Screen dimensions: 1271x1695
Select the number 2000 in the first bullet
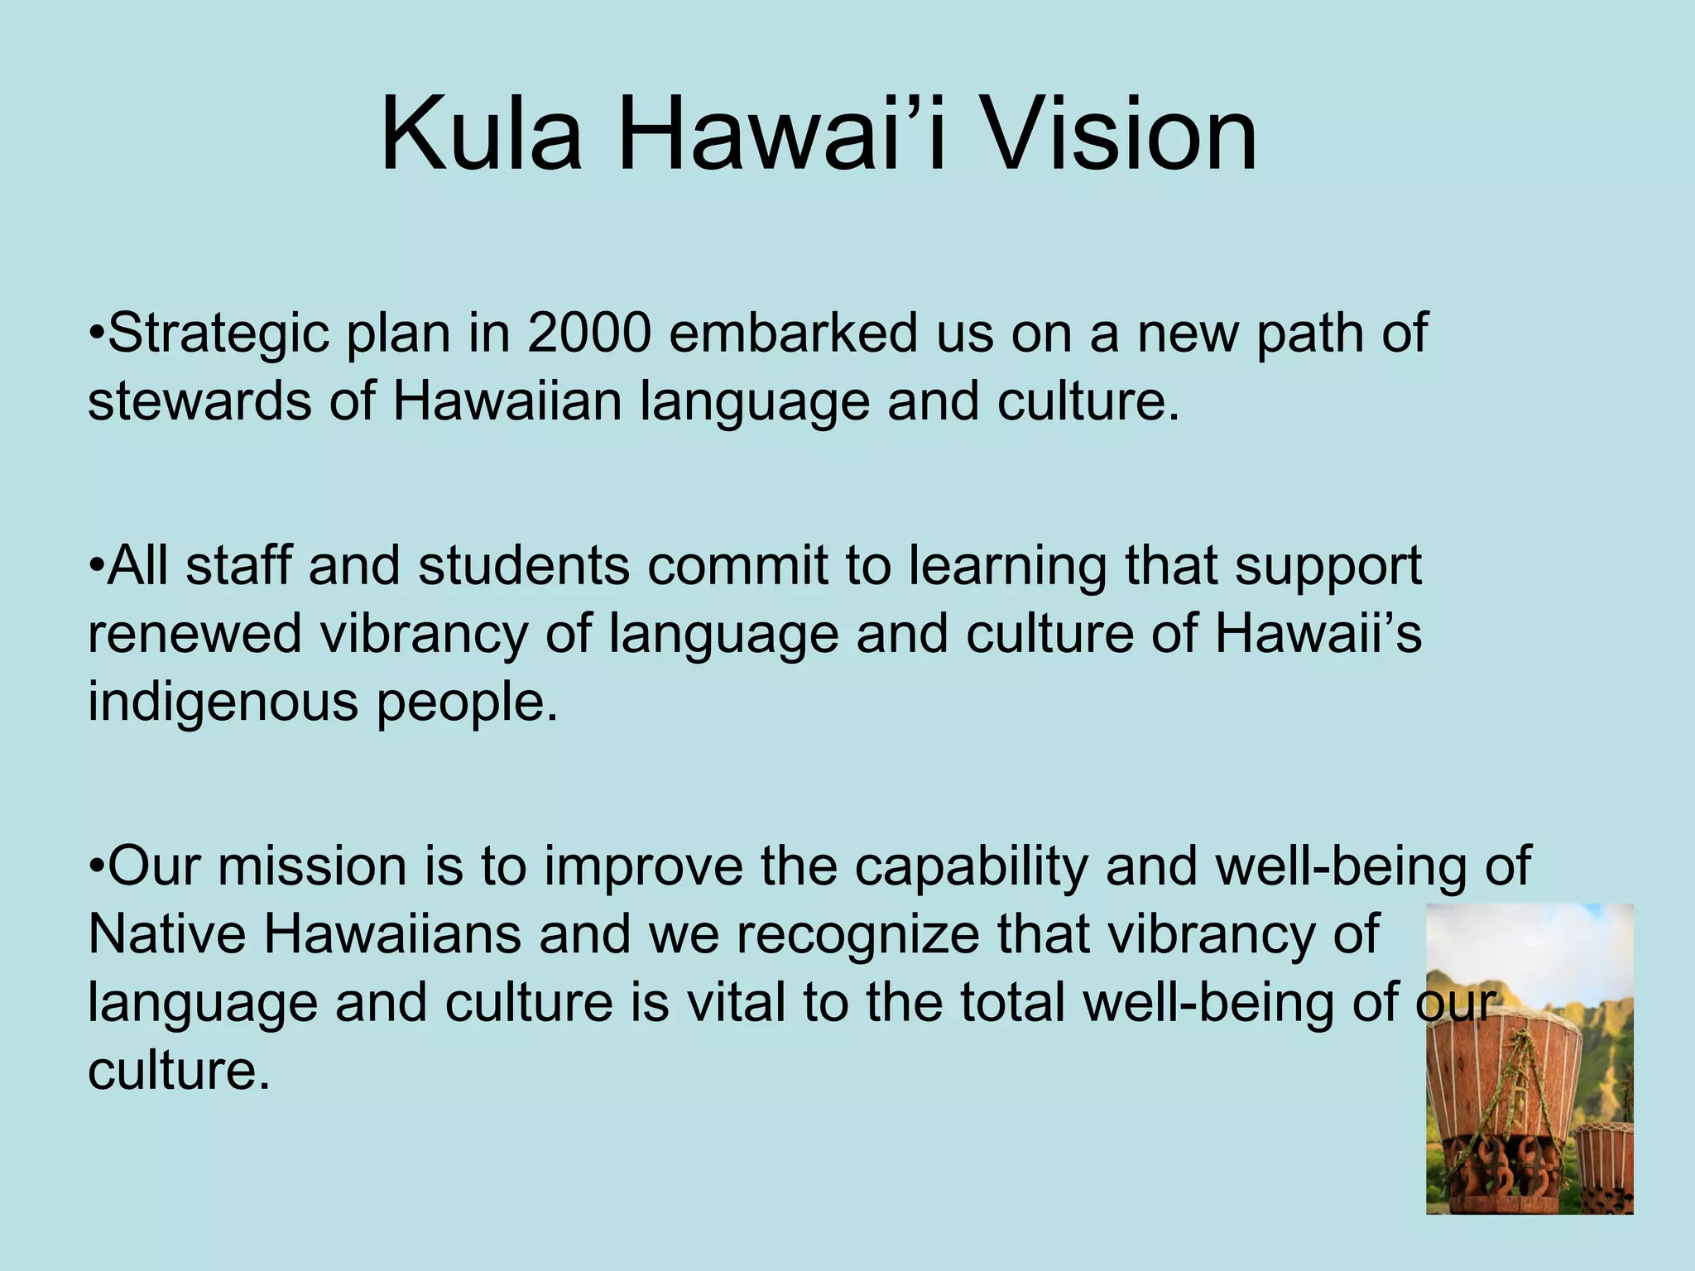pyautogui.click(x=589, y=333)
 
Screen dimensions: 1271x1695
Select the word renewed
pyautogui.click(x=194, y=635)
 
